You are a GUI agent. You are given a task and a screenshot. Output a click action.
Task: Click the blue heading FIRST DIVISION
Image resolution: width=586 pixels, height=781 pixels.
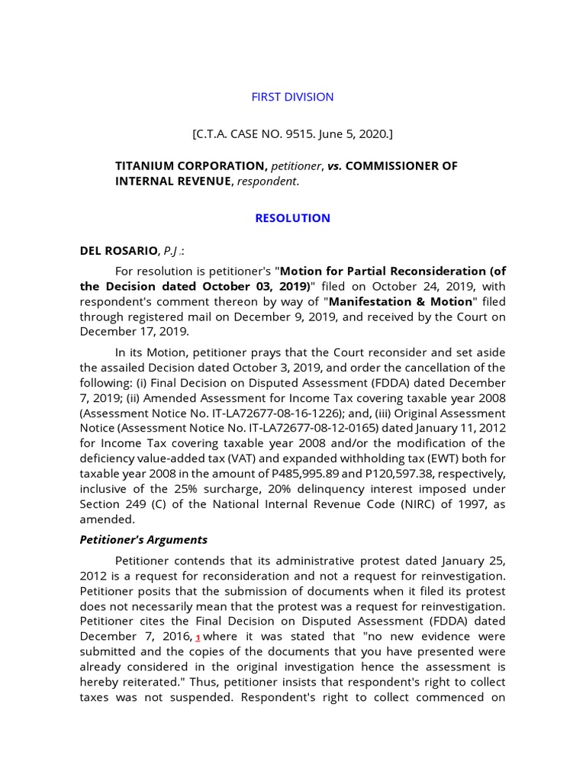click(292, 97)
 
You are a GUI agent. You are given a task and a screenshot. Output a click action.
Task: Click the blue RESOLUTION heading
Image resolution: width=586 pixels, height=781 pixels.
click(292, 218)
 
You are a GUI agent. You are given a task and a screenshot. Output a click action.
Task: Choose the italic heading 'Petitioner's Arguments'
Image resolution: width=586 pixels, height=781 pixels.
click(143, 540)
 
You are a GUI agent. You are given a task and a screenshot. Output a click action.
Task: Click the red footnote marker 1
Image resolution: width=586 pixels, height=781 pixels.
click(198, 638)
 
